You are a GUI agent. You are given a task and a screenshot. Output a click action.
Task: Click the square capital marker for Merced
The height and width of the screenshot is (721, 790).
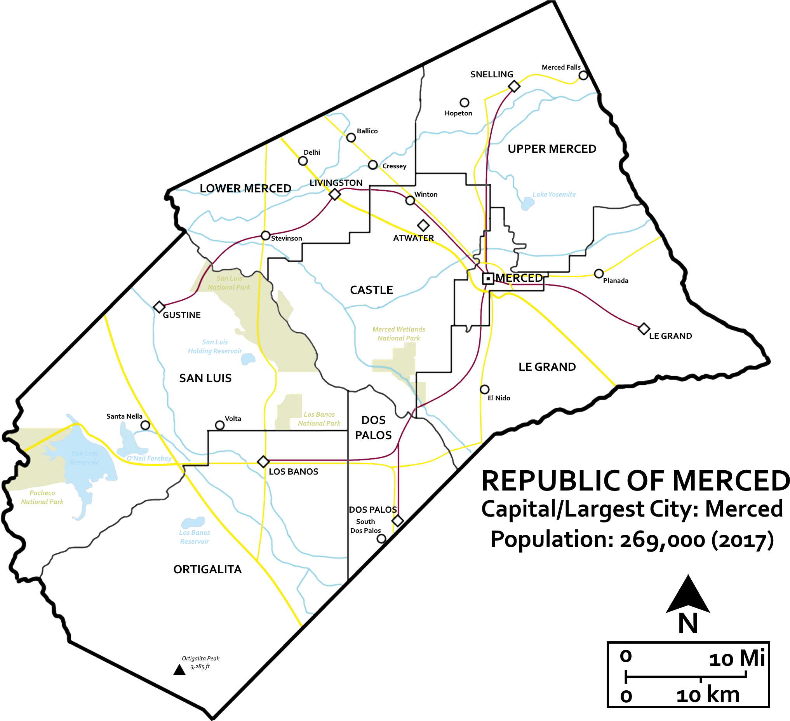488,279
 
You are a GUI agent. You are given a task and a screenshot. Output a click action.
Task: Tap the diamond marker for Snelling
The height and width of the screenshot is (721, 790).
514,86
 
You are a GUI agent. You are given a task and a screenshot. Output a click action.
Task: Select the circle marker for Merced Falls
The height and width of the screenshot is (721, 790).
583,75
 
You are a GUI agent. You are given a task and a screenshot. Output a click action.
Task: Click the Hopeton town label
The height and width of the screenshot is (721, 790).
458,113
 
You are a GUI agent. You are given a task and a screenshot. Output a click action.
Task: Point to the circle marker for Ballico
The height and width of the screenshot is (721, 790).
351,138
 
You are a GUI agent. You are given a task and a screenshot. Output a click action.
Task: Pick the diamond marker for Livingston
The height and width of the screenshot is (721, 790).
334,194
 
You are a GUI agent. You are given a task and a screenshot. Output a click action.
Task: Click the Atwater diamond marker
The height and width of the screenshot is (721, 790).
423,225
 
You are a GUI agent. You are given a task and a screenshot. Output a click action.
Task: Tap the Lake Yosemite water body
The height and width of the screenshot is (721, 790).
527,204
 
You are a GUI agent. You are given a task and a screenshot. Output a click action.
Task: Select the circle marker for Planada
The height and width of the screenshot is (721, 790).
599,274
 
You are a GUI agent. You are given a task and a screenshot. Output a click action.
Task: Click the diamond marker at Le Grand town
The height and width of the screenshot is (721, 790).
644,328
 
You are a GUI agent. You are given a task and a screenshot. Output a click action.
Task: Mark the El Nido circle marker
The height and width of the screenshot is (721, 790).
485,389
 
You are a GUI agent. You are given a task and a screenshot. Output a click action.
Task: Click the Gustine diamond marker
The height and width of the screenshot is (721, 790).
159,307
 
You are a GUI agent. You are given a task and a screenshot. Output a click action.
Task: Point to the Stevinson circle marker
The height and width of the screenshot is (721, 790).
265,236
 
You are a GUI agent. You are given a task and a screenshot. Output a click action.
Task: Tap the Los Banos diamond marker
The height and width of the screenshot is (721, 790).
263,462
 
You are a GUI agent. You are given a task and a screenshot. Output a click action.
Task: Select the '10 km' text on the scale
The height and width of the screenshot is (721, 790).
708,695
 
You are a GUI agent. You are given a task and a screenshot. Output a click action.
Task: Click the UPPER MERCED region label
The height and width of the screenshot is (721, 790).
552,149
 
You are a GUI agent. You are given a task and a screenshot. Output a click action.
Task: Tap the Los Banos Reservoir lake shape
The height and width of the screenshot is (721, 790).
193,523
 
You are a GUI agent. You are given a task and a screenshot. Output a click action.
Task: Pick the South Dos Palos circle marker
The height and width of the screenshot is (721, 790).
381,539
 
